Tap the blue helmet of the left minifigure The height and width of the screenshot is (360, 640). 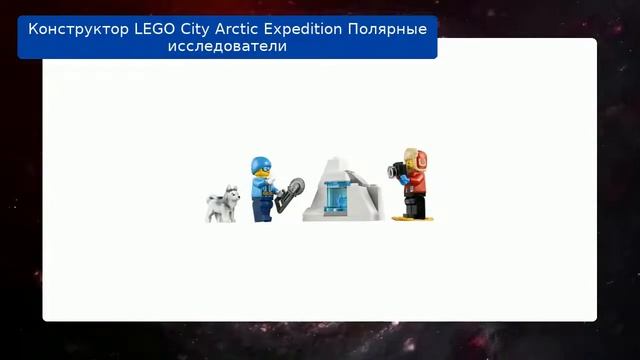[x=260, y=164]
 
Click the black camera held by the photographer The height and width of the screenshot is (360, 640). [x=399, y=172]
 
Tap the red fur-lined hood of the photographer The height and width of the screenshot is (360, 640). [x=415, y=160]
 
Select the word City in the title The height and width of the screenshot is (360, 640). [x=206, y=29]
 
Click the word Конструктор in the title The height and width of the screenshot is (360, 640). [x=78, y=29]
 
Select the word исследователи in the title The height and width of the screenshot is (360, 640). [x=226, y=47]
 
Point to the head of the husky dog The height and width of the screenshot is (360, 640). [x=231, y=192]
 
